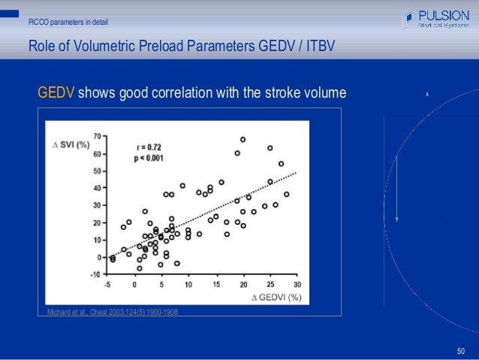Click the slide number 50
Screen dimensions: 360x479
pyautogui.click(x=461, y=350)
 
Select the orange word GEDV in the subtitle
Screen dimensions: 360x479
pyautogui.click(x=56, y=93)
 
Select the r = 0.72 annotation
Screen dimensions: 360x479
pyautogui.click(x=152, y=147)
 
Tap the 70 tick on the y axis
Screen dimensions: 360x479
pyautogui.click(x=98, y=137)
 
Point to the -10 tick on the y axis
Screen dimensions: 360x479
pyautogui.click(x=95, y=274)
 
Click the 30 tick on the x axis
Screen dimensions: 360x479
pyautogui.click(x=297, y=285)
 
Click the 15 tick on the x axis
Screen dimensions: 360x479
pyautogui.click(x=216, y=285)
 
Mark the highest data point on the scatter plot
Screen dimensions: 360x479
pyautogui.click(x=243, y=140)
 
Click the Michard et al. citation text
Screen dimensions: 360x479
pyautogui.click(x=112, y=312)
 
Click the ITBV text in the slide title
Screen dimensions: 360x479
pyautogui.click(x=316, y=47)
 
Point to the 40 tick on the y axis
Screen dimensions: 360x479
pyautogui.click(x=98, y=189)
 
